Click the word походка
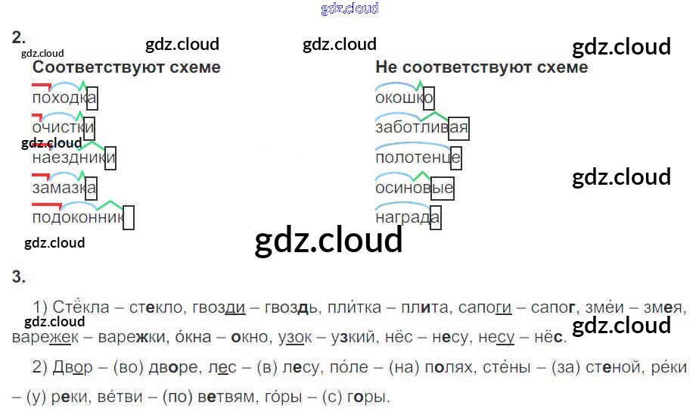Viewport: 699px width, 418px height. coord(64,98)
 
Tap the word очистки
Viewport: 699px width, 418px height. coord(63,128)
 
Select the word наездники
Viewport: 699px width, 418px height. coord(73,158)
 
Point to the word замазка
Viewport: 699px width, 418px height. coord(64,188)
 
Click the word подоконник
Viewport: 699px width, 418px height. coord(77,218)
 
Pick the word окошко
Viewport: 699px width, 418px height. coord(404,98)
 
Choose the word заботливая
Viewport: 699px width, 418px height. coord(421,128)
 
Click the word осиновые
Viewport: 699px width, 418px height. coord(414,188)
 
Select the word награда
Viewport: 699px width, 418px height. coord(407,218)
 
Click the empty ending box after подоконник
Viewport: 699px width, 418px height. coord(129,218)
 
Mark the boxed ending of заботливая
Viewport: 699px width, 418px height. coord(458,128)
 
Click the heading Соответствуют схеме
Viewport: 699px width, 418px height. coord(126,67)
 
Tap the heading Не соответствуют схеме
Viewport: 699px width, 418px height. coord(481,67)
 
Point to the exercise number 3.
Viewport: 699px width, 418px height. coord(19,277)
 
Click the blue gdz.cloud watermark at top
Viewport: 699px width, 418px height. coord(349,8)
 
